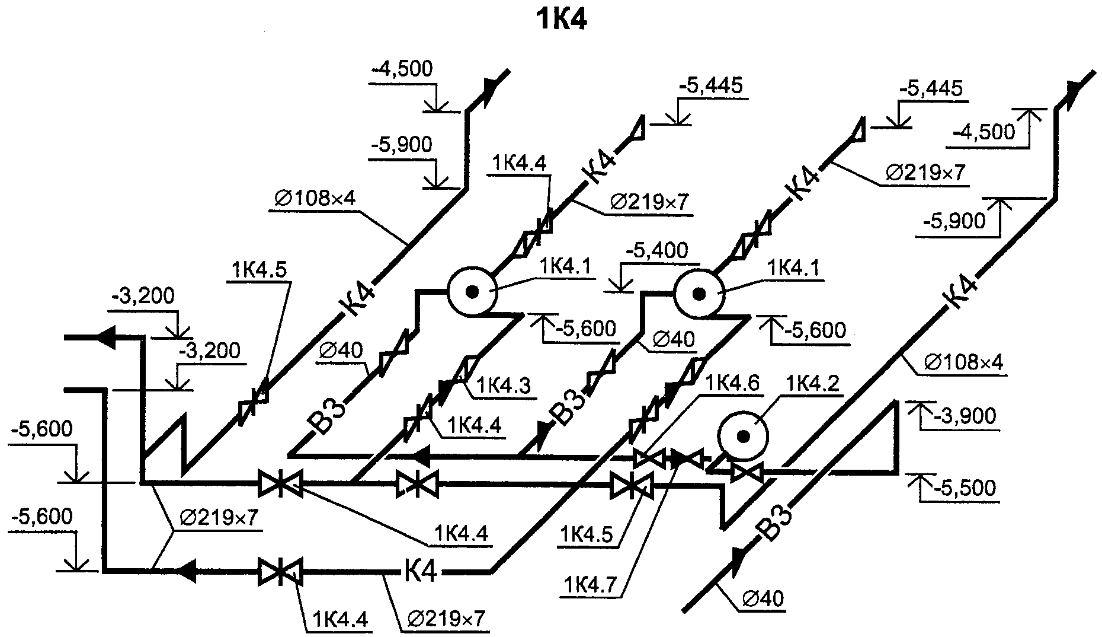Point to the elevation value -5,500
(x=965, y=488)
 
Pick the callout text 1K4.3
(x=504, y=386)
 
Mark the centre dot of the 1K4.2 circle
(x=743, y=437)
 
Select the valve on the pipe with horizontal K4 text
(x=280, y=572)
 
